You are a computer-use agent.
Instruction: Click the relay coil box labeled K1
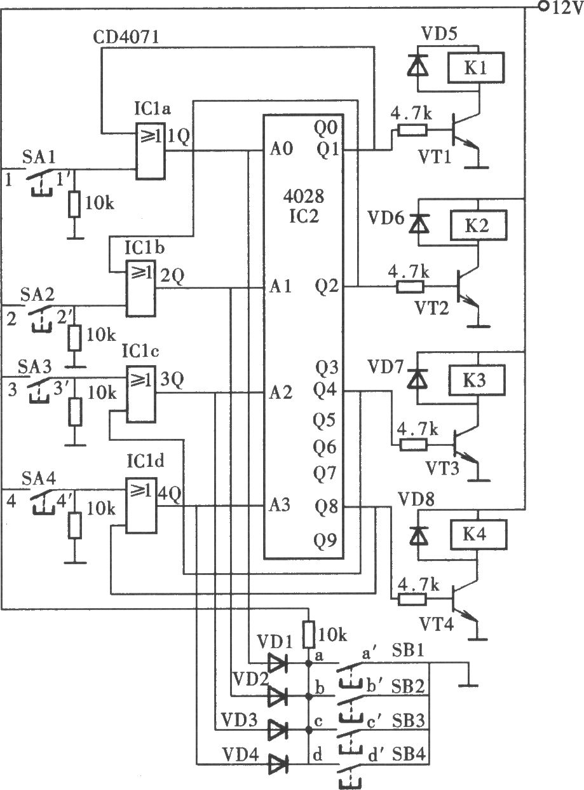click(476, 68)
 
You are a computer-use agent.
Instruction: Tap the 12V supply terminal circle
click(543, 6)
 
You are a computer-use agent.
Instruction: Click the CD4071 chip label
click(126, 37)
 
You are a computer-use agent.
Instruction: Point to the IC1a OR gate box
click(150, 151)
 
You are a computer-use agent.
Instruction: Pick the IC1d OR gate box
click(141, 506)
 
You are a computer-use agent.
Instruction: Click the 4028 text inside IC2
click(304, 197)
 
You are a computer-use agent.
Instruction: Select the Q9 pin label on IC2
click(325, 540)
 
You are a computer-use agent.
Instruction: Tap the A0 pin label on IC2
click(281, 149)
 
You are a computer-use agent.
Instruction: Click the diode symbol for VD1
click(278, 663)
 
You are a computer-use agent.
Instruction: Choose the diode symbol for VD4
click(278, 762)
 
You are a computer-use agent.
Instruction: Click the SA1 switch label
click(39, 157)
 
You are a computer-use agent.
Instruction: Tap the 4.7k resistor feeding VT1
click(412, 130)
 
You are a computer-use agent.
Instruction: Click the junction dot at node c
click(309, 729)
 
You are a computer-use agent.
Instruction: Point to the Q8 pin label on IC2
click(325, 506)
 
